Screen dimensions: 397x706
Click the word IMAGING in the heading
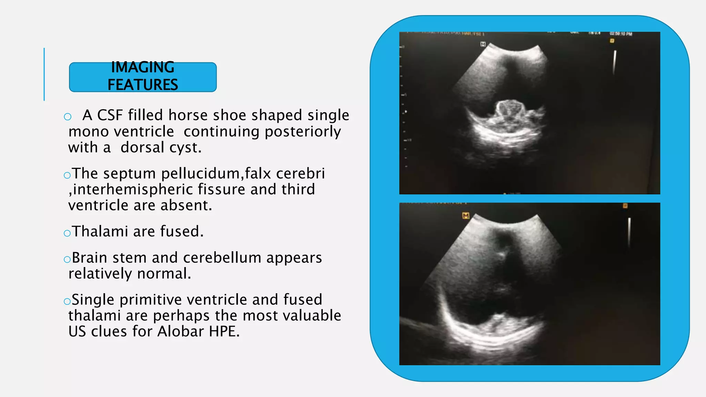[x=143, y=67]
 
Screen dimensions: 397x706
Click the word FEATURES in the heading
[x=143, y=85]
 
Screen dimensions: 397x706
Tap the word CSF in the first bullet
[x=110, y=115]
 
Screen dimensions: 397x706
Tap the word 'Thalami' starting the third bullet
[x=100, y=231]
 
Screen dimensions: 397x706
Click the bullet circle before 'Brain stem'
[x=67, y=259]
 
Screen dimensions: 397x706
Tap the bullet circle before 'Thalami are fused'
[x=67, y=233]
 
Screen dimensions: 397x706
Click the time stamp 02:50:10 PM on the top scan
[x=621, y=34]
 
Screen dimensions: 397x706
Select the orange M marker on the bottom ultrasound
[x=466, y=216]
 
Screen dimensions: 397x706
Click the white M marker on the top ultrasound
[x=483, y=44]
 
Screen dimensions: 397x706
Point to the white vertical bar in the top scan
[x=614, y=62]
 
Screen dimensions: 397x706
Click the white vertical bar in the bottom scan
[x=629, y=231]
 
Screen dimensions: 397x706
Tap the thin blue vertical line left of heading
[x=44, y=74]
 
